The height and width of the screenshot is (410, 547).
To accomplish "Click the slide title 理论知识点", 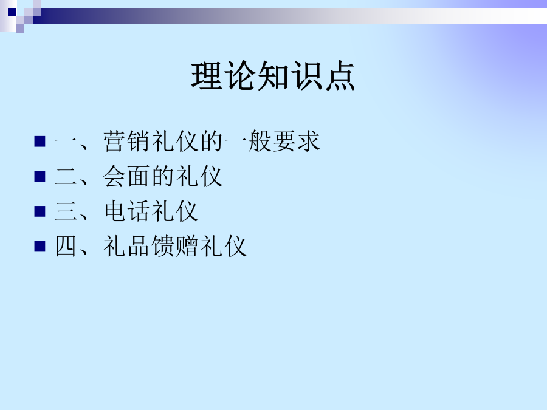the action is tap(273, 76).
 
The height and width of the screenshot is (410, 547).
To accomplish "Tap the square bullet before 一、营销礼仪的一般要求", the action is tap(40, 141).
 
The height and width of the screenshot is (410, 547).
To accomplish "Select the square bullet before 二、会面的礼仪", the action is tap(40, 176).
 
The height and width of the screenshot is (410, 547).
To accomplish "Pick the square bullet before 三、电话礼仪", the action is tap(40, 211).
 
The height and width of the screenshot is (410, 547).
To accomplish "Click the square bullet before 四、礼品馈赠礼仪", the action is tap(40, 246).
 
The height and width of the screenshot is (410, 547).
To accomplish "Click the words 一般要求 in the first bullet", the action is tap(272, 141).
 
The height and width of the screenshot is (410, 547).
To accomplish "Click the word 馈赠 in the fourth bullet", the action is tap(175, 246).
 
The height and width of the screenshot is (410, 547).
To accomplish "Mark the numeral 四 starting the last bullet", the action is tap(66, 246).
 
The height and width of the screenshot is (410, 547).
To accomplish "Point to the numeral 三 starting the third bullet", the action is tap(66, 211).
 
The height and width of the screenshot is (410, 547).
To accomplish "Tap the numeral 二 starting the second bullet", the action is tap(66, 176).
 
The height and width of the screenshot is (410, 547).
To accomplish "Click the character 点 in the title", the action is tap(340, 76).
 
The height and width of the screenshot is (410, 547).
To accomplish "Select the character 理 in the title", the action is tap(207, 76).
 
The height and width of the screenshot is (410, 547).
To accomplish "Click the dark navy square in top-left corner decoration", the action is tap(12, 12).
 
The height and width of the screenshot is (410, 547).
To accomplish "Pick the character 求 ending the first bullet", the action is tap(308, 141).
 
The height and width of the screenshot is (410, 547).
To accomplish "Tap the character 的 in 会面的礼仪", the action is tap(163, 176).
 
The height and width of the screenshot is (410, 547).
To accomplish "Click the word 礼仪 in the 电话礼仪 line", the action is tap(175, 211).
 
